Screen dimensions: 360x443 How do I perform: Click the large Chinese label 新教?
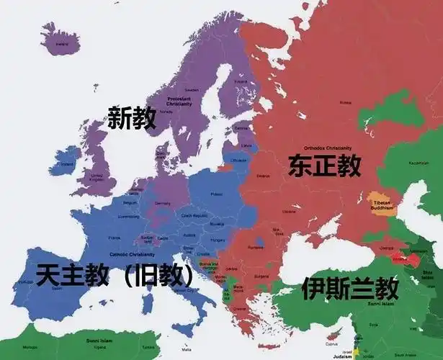132,118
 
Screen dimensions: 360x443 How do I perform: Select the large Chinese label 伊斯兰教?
350,288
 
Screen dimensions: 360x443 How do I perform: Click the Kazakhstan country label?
418,163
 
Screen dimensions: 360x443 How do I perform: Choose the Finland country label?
241,81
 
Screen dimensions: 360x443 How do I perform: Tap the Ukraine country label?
288,211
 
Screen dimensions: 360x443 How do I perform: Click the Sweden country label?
192,91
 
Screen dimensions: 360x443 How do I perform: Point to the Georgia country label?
385,247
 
